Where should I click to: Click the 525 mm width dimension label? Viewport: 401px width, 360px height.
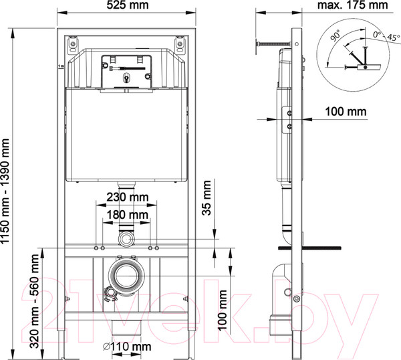pos(127,6)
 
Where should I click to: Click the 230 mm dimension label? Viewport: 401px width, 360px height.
pos(127,197)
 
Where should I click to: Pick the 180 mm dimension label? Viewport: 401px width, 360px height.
pos(127,214)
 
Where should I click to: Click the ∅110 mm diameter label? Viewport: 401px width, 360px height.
pos(128,347)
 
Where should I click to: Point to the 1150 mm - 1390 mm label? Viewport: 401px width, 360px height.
pos(7,191)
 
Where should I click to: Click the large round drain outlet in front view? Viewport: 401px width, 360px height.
pos(126,275)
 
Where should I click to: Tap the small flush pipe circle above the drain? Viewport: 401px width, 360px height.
pos(126,238)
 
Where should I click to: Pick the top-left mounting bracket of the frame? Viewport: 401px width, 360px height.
pos(73,46)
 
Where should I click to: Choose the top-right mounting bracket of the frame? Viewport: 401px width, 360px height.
pos(180,46)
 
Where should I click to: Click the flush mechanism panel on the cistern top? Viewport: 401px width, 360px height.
pos(126,71)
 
